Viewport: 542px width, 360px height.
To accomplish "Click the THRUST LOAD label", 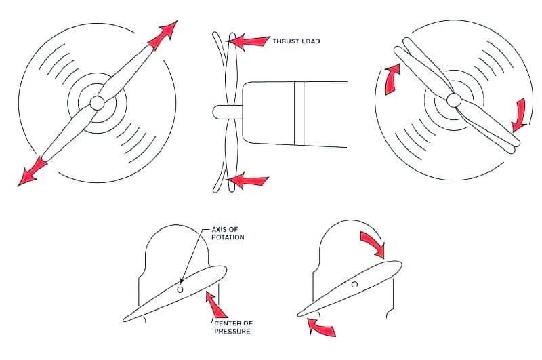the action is pyautogui.click(x=296, y=41).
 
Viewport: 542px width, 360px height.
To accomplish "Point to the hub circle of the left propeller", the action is pyautogui.click(x=97, y=102).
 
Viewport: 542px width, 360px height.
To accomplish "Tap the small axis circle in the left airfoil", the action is pyautogui.click(x=180, y=289).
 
